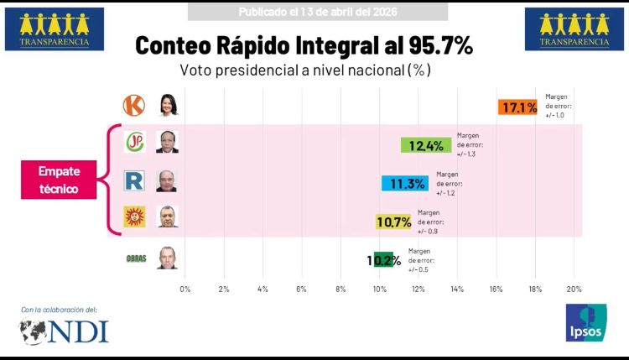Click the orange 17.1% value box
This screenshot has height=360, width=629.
click(x=517, y=107)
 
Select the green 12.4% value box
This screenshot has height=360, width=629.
click(x=426, y=145)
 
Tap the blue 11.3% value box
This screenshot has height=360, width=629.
click(x=405, y=184)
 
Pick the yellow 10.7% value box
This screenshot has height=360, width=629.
click(x=394, y=222)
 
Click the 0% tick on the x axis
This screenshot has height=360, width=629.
click(x=185, y=289)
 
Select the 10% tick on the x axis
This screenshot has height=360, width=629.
click(x=379, y=289)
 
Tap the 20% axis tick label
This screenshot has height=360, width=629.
click(x=574, y=289)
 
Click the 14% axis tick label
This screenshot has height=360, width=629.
click(x=457, y=289)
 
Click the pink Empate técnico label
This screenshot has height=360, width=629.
click(x=59, y=180)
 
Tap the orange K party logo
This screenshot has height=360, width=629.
click(x=134, y=106)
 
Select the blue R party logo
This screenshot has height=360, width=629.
click(x=134, y=180)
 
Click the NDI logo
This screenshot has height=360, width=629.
click(x=65, y=331)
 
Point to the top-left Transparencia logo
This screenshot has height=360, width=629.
click(x=54, y=29)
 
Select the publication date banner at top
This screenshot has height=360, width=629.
click(x=317, y=12)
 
